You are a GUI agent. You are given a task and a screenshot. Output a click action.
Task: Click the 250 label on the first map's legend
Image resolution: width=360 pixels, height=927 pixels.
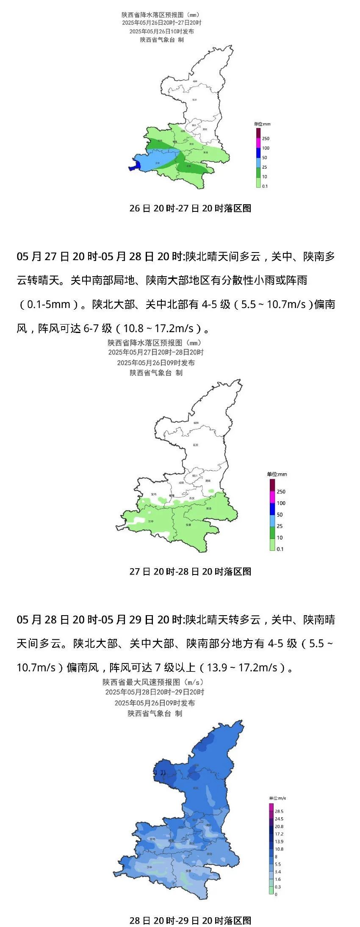coord(266,139)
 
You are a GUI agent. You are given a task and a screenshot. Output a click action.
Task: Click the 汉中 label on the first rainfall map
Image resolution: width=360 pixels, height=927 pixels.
coord(158,163)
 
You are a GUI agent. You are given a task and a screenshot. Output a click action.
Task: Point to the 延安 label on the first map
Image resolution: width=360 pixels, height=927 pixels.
coord(195,100)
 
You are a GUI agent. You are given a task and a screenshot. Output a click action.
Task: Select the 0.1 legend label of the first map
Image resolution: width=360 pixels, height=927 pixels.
coord(265,186)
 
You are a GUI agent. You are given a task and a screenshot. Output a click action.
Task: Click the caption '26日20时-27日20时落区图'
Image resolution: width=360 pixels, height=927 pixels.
coord(190,208)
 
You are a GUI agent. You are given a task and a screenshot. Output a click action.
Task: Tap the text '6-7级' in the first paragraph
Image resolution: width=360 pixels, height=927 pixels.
coord(90,328)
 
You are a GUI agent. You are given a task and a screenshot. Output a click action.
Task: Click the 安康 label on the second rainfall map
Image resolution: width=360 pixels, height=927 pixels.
coord(188,525)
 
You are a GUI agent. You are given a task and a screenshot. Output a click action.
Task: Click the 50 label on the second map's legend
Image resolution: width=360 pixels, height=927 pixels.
coord(280,515)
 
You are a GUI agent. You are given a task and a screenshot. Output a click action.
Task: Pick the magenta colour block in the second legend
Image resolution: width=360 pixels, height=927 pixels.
coord(272,497)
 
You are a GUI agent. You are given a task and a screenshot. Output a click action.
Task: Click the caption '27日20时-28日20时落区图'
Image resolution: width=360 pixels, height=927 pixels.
coord(190,572)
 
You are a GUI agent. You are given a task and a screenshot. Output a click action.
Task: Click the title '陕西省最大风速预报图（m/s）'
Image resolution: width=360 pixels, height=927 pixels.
coord(153,682)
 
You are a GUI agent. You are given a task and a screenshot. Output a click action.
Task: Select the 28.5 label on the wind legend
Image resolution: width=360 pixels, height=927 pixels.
coord(279,811)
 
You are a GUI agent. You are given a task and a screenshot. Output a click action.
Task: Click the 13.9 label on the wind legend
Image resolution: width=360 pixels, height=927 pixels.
coord(279,841)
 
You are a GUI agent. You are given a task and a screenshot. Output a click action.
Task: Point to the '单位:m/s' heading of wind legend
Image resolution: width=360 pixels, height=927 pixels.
coord(277,798)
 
